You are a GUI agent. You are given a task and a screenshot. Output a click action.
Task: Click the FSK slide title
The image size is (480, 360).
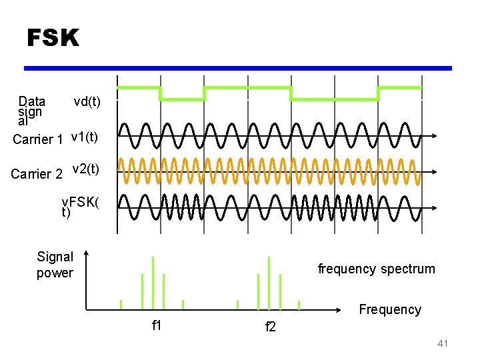pyautogui.click(x=53, y=38)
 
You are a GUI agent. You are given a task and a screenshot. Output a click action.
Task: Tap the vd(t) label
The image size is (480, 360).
pyautogui.click(x=87, y=101)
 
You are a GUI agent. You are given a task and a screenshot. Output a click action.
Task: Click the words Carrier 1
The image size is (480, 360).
pyautogui.click(x=37, y=139)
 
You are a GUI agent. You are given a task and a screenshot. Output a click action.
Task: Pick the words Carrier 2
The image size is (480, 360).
pyautogui.click(x=37, y=174)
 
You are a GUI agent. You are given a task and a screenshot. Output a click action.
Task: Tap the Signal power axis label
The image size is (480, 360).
pyautogui.click(x=55, y=265)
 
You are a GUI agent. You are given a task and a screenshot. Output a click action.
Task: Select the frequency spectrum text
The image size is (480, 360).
pyautogui.click(x=376, y=269)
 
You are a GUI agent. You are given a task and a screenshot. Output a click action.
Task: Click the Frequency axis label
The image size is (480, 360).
pyautogui.click(x=390, y=309)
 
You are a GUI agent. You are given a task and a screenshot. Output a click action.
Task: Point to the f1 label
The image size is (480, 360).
pyautogui.click(x=157, y=325)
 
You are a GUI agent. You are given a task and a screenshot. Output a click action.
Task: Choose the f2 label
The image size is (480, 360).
pyautogui.click(x=270, y=327)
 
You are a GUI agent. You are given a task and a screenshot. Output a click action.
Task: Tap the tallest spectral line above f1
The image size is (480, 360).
pyautogui.click(x=153, y=283)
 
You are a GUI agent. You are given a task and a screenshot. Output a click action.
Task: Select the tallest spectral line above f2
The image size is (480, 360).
pyautogui.click(x=269, y=283)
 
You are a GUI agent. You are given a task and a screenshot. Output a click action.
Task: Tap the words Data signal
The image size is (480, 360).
pyautogui.click(x=31, y=111)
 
